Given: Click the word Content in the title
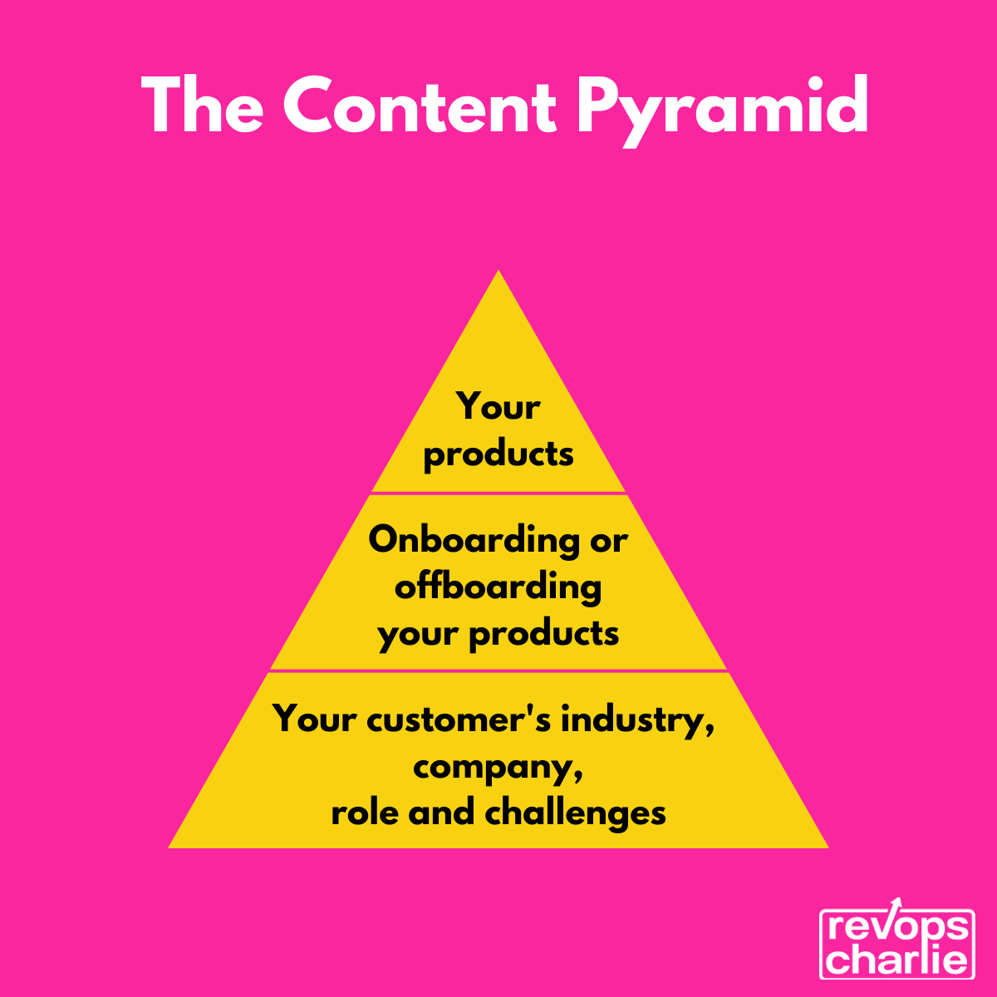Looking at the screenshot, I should pyautogui.click(x=420, y=106).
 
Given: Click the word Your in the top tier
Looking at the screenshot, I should pyautogui.click(x=498, y=407).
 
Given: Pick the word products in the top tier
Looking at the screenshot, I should pyautogui.click(x=498, y=455).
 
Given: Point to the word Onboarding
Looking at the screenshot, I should pyautogui.click(x=474, y=540).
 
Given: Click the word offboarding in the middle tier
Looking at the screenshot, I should pyautogui.click(x=498, y=587).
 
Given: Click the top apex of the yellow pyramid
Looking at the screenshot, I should pyautogui.click(x=498, y=273).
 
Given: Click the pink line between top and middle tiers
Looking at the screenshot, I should pyautogui.click(x=498, y=494).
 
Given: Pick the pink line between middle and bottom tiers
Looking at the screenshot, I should pyautogui.click(x=498, y=670).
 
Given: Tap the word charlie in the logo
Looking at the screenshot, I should pyautogui.click(x=897, y=960).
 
